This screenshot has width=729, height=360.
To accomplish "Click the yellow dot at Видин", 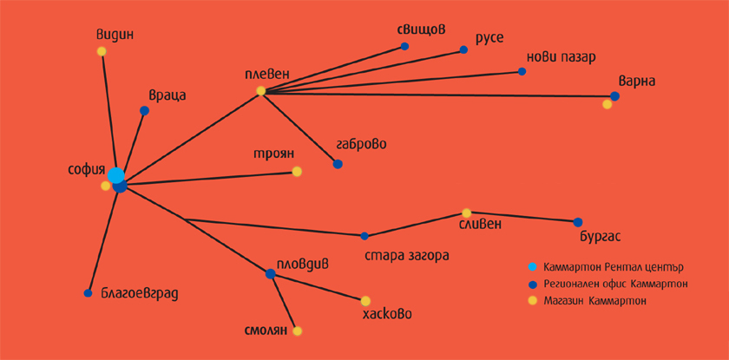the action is (102, 51).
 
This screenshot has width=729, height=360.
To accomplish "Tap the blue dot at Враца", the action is (145, 110).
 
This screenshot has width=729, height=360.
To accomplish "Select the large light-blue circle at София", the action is (115, 175).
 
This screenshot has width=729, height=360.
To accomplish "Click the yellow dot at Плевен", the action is (261, 91).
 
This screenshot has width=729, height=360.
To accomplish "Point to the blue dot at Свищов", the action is (405, 47).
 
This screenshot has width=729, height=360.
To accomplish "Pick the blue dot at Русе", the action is (463, 49).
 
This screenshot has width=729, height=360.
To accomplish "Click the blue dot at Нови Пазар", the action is (522, 71).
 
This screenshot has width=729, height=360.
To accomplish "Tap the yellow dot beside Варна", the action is (607, 104).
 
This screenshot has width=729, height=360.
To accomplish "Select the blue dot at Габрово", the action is (338, 164).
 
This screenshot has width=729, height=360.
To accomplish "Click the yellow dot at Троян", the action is (297, 172).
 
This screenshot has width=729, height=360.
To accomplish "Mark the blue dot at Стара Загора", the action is (364, 236).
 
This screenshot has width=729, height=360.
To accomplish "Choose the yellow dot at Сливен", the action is (466, 213).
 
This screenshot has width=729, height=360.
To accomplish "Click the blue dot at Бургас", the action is (578, 222).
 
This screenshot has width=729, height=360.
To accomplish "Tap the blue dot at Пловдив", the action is (271, 274).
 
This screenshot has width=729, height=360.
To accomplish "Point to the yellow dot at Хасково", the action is (365, 300).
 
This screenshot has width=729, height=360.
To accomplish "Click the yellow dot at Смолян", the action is (297, 331).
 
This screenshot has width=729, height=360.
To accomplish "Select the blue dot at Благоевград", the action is (88, 293).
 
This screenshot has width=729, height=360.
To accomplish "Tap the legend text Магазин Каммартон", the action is (595, 302).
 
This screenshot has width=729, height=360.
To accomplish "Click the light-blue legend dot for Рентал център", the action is (533, 267).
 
